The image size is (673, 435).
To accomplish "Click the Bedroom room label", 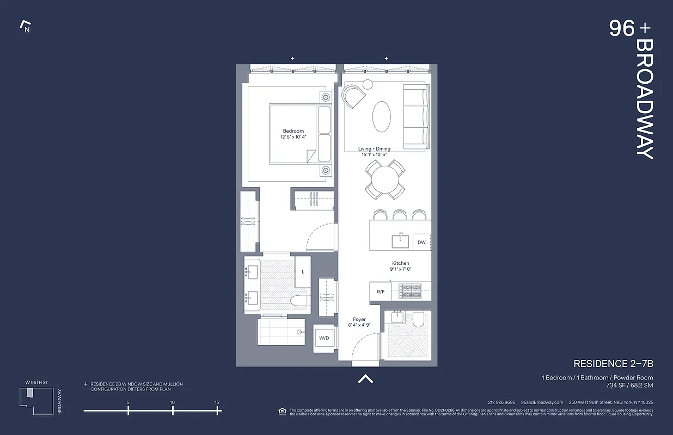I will pyautogui.click(x=293, y=131).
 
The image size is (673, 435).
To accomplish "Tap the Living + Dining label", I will pyautogui.click(x=374, y=149).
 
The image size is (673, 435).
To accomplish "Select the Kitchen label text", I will pyautogui.click(x=400, y=264).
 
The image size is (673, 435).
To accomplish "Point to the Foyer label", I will pyautogui.click(x=359, y=320).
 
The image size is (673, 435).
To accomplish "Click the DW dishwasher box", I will pyautogui.click(x=421, y=243).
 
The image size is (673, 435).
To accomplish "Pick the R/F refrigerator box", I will pyautogui.click(x=381, y=292).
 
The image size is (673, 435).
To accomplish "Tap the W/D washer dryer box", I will pyautogui.click(x=324, y=338).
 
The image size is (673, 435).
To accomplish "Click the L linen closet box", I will pyautogui.click(x=303, y=271).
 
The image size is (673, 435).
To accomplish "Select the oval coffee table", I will pyautogui.click(x=381, y=116).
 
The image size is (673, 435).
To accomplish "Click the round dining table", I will pyautogui.click(x=385, y=179).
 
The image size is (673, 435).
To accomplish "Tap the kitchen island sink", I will pyautogui.click(x=401, y=240).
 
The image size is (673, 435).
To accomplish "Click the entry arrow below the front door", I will pyautogui.click(x=365, y=379).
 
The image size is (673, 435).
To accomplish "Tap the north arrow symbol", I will pyautogui.click(x=25, y=26).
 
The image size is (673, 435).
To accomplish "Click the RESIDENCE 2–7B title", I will pyautogui.click(x=613, y=364).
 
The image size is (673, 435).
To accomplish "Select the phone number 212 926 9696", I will pyautogui.click(x=501, y=402).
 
